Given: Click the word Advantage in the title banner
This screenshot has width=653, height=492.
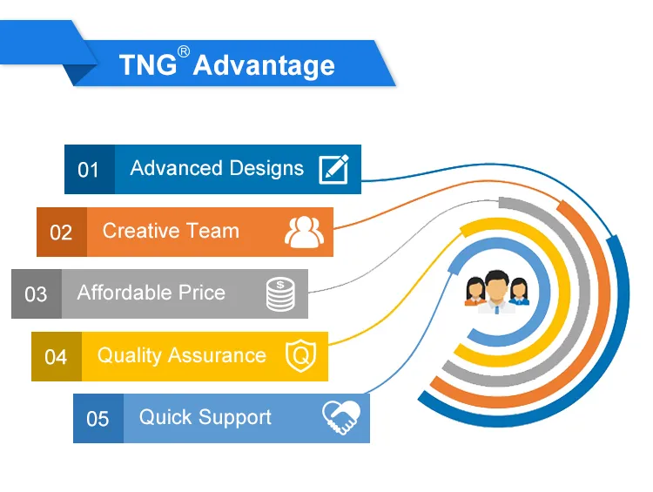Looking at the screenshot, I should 264,65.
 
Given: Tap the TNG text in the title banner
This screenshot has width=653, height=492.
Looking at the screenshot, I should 147,65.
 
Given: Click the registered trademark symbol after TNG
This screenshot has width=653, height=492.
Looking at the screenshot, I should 183,51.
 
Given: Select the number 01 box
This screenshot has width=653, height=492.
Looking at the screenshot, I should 89,170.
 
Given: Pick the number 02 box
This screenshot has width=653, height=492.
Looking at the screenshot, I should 61,233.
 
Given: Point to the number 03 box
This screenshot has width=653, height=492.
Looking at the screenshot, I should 36,294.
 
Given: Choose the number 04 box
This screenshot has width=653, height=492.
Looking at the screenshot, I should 56,357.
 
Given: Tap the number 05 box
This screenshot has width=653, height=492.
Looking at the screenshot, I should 98,419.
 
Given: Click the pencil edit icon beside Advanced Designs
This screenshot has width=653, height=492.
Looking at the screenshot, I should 333,169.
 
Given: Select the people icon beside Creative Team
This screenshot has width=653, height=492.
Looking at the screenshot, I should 304,232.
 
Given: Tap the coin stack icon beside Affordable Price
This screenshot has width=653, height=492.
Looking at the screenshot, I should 280,294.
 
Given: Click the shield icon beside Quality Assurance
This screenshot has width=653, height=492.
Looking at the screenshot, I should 301,356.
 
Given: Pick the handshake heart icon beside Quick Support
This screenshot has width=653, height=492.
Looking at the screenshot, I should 341,418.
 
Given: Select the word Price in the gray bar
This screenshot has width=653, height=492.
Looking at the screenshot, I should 202,293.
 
